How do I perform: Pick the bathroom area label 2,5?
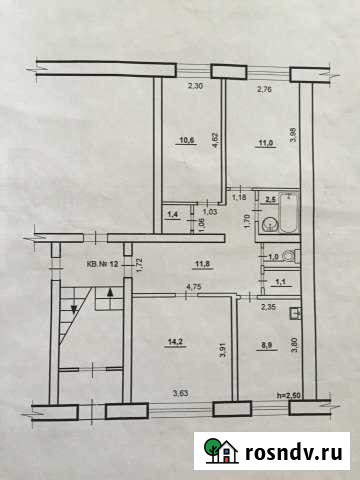(269, 200)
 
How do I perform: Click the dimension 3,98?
(293, 134)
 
